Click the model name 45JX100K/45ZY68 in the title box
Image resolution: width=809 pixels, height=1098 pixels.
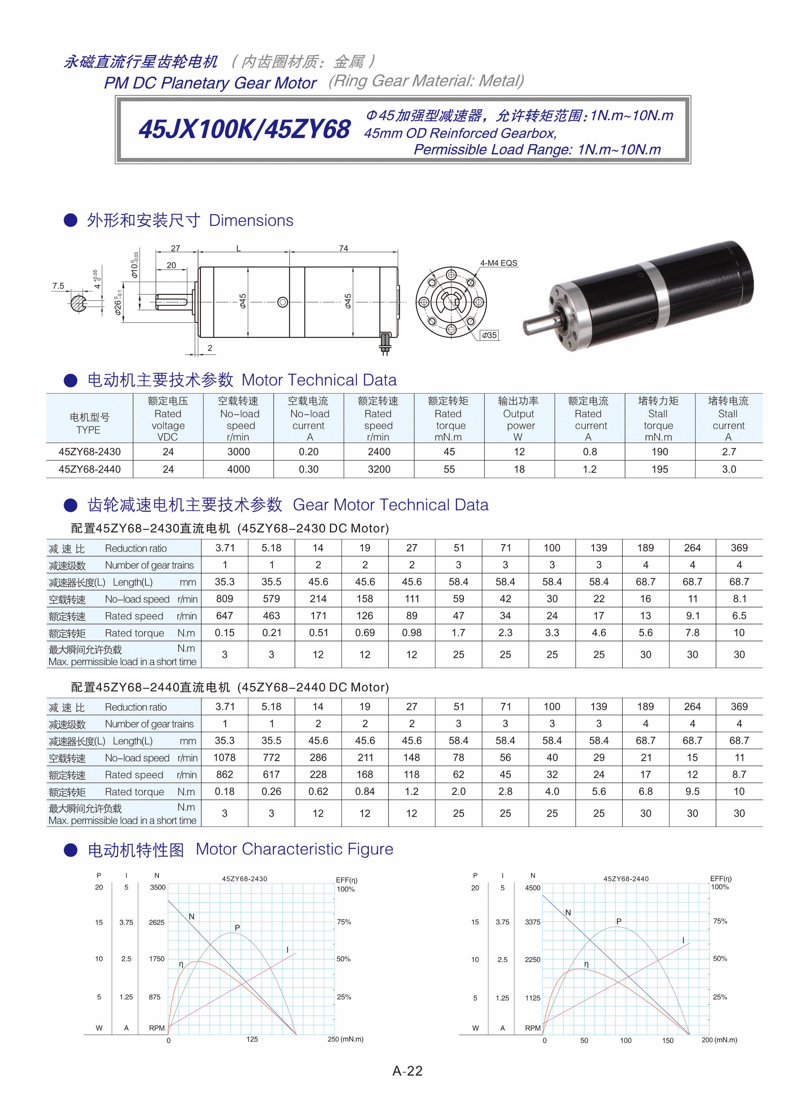(x=244, y=129)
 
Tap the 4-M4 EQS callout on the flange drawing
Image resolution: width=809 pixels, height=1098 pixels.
(x=498, y=263)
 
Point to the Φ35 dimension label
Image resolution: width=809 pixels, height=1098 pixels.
(x=488, y=335)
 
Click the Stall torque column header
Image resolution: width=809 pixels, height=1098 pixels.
(x=658, y=419)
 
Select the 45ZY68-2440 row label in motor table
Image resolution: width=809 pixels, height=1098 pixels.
(x=90, y=469)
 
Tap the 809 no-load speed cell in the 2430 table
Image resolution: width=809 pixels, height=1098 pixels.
(x=224, y=599)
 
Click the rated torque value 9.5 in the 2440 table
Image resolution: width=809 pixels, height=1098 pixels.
(x=692, y=791)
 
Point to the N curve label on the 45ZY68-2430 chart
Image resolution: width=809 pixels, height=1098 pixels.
(x=191, y=916)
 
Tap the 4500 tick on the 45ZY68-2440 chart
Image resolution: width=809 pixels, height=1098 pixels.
(x=532, y=888)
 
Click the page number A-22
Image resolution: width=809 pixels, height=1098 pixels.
(x=407, y=1071)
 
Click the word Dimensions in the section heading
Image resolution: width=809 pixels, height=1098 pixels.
(x=251, y=221)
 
